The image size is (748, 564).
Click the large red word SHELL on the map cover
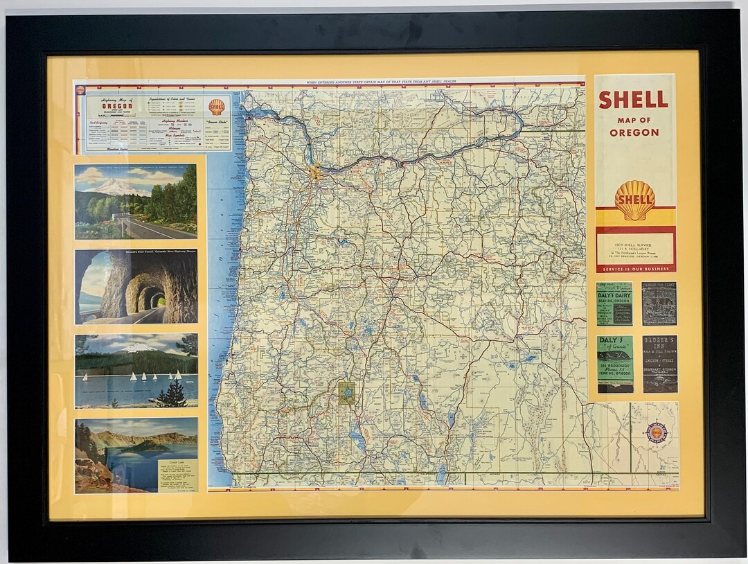coord(634,100)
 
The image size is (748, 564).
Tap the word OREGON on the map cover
coord(634,132)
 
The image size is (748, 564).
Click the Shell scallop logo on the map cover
coord(634,200)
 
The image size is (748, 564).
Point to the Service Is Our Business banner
coord(635,268)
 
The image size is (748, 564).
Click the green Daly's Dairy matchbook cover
coord(614,303)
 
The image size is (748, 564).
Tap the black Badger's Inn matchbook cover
coord(659,364)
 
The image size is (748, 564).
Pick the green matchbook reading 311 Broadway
coord(614,364)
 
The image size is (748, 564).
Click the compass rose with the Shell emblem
coord(657,433)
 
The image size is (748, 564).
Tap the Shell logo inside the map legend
coord(217,107)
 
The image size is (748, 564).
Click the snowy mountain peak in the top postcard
coord(114,186)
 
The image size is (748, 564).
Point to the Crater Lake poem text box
coord(177,474)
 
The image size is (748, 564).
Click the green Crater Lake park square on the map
coord(346,392)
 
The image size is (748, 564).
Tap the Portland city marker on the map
coord(316,172)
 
